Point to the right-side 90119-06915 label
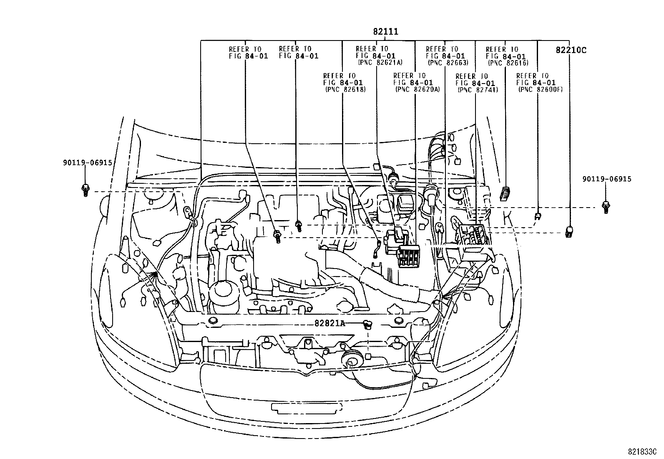(x=607, y=179)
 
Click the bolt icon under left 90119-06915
(x=85, y=190)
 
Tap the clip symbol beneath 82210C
(x=568, y=232)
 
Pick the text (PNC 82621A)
(x=380, y=62)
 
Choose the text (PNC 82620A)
(x=416, y=89)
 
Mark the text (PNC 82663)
(x=448, y=63)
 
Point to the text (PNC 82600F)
(x=540, y=89)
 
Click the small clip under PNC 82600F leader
(x=538, y=216)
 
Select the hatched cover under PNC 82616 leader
(x=505, y=193)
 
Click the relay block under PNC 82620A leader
(x=408, y=256)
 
